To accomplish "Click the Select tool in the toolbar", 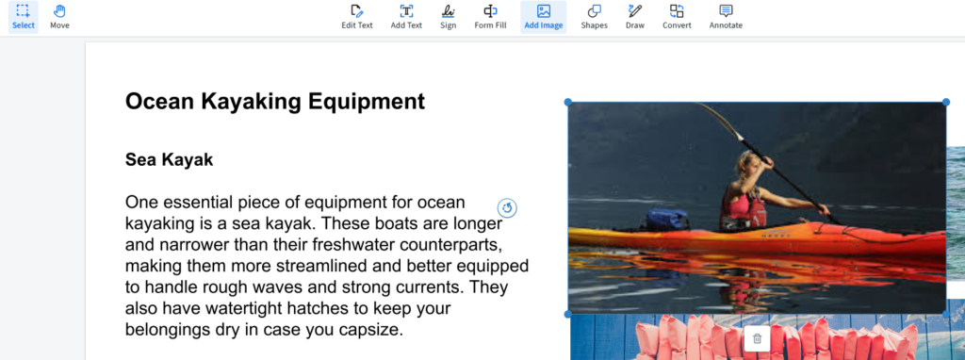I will (x=24, y=16).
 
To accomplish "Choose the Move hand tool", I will (x=59, y=16).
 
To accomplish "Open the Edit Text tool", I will (x=357, y=16).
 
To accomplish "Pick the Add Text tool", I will (x=406, y=16).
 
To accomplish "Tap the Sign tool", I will (x=448, y=16).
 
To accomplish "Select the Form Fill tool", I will (x=490, y=16).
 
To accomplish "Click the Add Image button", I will (x=544, y=16).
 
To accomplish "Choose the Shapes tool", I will (x=594, y=16).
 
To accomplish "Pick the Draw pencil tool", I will (x=634, y=16).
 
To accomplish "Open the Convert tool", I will (x=677, y=16).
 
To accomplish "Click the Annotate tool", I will (x=726, y=16).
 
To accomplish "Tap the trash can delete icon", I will (x=757, y=338).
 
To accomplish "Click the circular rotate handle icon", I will (x=508, y=208).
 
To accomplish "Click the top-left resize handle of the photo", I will (x=568, y=102).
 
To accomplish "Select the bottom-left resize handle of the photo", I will (x=568, y=314).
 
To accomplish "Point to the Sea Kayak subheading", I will (x=170, y=160).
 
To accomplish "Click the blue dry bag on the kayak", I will (x=667, y=219).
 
